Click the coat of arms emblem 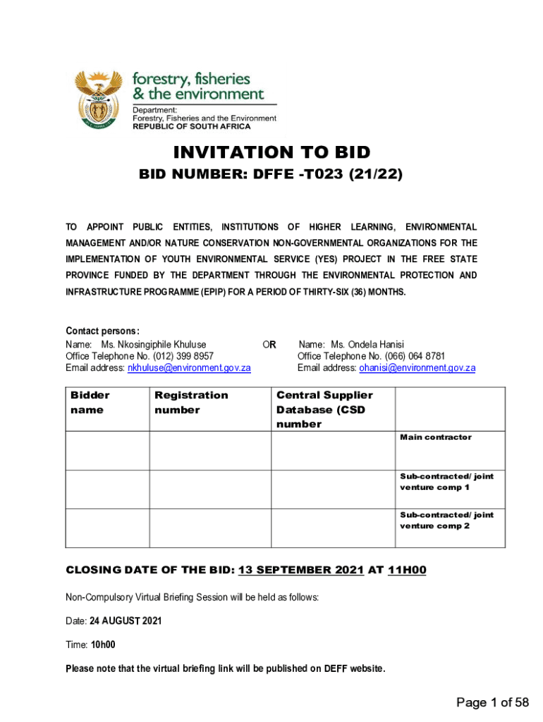pos(98,98)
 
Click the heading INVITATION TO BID pos(271,152)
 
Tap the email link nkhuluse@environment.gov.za pos(189,368)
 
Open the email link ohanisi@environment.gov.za pos(417,368)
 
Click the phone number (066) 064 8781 pos(414,356)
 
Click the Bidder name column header pos(90,403)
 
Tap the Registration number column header pos(191,403)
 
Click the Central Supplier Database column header pos(324,410)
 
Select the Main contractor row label pos(436,438)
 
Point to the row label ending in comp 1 pos(446,482)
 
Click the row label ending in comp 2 pos(446,520)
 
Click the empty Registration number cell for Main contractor pos(210,451)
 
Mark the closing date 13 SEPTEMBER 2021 pos(301,570)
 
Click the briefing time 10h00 pos(103,644)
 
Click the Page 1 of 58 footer pos(492,702)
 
